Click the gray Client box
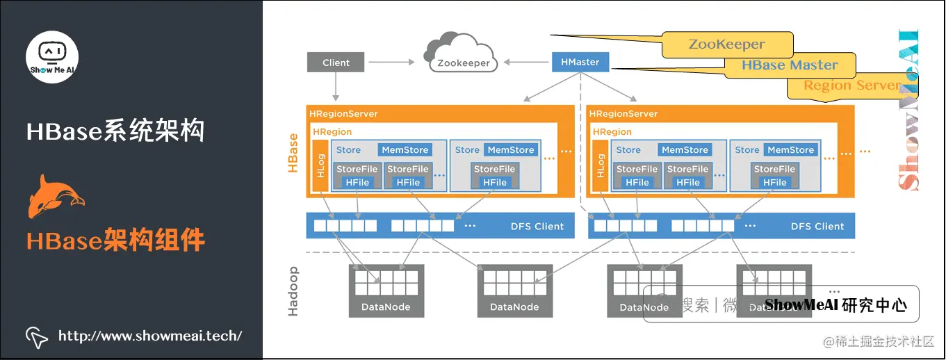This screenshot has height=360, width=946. click(x=336, y=63)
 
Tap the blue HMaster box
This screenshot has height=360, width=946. click(x=580, y=62)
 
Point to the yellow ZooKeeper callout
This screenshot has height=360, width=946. click(x=726, y=44)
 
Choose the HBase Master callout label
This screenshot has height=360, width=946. click(x=790, y=65)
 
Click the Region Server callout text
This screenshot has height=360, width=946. click(x=851, y=85)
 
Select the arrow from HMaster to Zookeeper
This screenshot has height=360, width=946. click(x=525, y=63)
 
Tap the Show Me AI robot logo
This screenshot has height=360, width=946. click(x=52, y=56)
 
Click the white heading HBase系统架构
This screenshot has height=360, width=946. click(x=115, y=131)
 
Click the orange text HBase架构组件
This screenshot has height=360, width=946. click(x=115, y=240)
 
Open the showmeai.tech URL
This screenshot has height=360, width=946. click(x=150, y=336)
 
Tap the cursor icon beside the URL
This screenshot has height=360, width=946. click(x=37, y=336)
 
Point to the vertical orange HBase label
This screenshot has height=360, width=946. click(x=293, y=153)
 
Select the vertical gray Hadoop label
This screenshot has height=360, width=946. click(x=293, y=291)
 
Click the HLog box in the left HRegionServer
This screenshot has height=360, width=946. click(x=320, y=166)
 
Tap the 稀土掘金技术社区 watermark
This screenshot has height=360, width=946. click(x=879, y=341)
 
